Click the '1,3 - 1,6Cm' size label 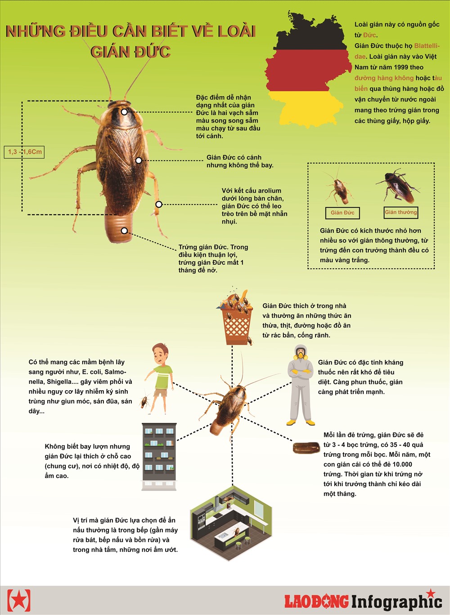pos(24,152)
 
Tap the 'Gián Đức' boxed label pos(342,213)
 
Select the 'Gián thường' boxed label pos(400,212)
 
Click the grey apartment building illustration pos(159,456)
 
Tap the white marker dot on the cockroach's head pos(124,112)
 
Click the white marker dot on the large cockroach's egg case pos(124,231)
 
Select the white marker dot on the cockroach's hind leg pos(159,204)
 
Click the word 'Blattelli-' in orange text pos(427,46)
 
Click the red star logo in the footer pos(19,599)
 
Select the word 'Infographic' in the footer pos(396,601)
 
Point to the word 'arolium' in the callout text pos(269,191)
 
